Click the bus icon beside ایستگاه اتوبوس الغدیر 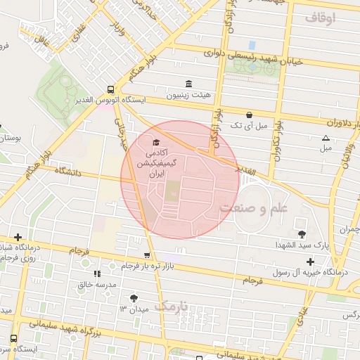[111, 89]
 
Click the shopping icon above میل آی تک [249, 115]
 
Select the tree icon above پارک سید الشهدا [302, 234]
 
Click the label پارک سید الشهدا [302, 245]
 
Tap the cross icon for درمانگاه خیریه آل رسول [310, 262]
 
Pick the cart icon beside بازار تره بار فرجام [146, 256]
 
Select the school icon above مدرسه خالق [96, 273]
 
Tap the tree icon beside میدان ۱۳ [134, 299]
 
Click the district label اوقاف [321, 17]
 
